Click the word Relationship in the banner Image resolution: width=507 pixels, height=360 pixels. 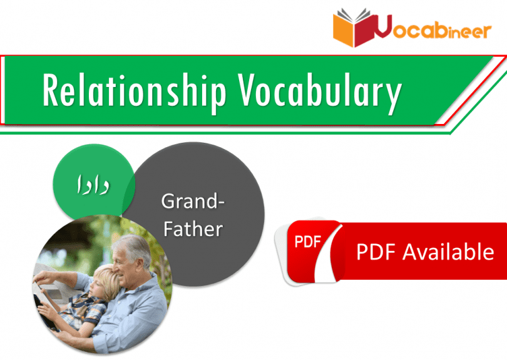pos(134,91)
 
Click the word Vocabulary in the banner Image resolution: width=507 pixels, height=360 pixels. pos(320,92)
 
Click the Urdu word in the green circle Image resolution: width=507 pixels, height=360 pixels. pos(93,185)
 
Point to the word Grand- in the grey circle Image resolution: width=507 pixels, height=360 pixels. pos(193,201)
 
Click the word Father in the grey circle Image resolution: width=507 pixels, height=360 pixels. pos(193,229)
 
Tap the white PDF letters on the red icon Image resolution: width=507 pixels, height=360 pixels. pos(307,242)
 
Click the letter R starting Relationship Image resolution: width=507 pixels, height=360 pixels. pos(51,90)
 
